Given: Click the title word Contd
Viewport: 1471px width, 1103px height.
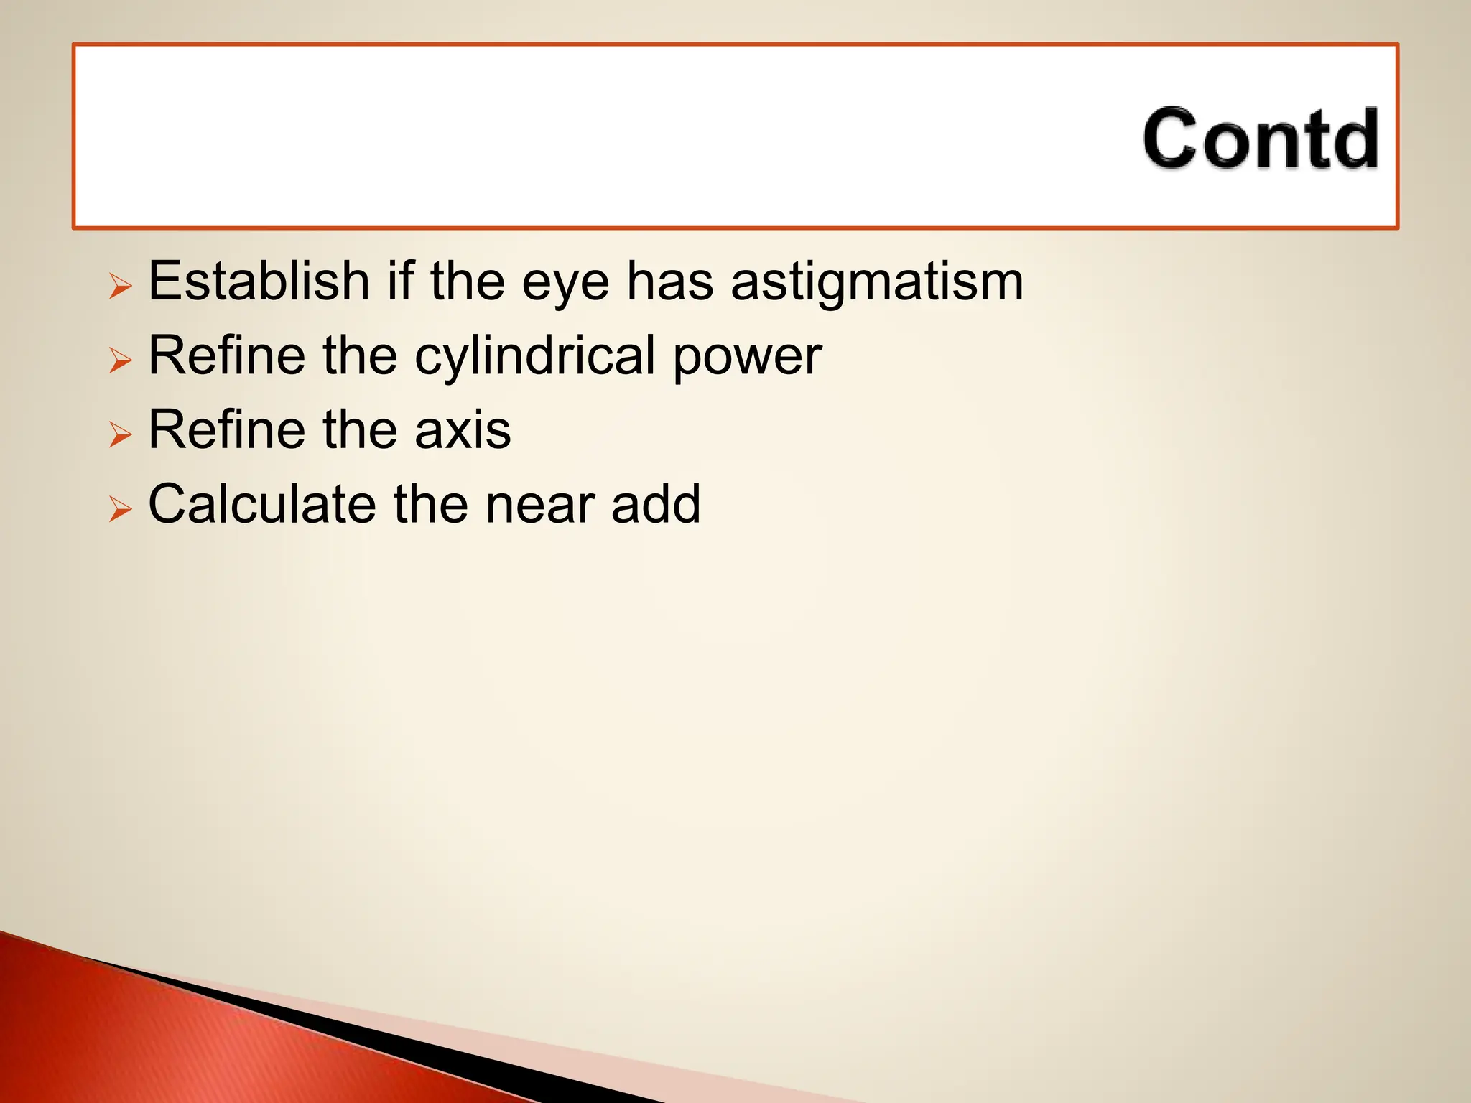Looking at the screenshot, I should tap(1261, 139).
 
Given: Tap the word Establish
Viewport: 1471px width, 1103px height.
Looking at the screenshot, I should tap(259, 281).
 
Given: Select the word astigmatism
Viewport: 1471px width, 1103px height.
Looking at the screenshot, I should tap(876, 282).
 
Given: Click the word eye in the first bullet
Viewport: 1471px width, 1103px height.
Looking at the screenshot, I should tap(565, 282).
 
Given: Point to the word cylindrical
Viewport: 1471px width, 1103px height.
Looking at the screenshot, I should tap(534, 356).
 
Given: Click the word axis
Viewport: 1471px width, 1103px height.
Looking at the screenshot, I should tap(463, 430).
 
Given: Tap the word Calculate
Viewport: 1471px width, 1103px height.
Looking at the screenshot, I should tap(261, 504).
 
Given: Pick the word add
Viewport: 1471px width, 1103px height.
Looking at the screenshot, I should tap(656, 504).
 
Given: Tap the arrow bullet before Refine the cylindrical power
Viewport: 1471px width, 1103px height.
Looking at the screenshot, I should tap(121, 360).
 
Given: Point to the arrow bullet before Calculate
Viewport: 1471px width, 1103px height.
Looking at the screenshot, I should tap(121, 509).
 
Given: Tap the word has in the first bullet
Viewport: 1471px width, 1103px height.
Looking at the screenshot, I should tap(669, 281).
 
